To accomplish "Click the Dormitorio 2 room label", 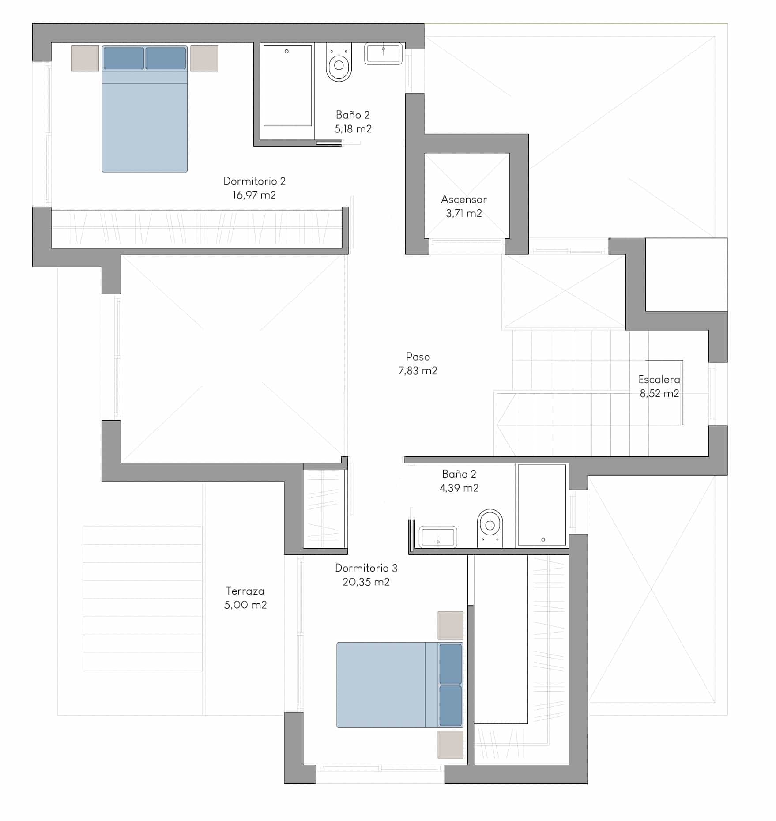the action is click(254, 181).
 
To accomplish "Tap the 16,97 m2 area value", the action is click(254, 195).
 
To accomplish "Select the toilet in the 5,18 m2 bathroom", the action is click(339, 62).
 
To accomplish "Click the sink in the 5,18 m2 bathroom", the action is click(383, 53).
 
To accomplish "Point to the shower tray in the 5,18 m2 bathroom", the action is click(288, 86).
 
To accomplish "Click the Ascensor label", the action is click(464, 200).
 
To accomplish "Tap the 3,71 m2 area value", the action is click(464, 214).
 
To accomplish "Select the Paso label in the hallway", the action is click(418, 357).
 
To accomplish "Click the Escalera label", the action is click(659, 379).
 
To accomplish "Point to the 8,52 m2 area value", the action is click(659, 393).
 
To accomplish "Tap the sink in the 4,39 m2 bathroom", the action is click(437, 537).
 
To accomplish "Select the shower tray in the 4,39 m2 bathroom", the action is click(542, 505).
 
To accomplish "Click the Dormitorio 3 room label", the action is click(366, 568).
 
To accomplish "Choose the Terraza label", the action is click(245, 591).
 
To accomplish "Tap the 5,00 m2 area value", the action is click(245, 605).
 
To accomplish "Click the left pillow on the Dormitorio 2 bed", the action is click(124, 58).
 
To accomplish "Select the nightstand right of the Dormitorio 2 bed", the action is click(204, 58).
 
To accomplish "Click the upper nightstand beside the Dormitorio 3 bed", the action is click(451, 625).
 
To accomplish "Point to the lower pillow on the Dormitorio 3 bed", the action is click(451, 705).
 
